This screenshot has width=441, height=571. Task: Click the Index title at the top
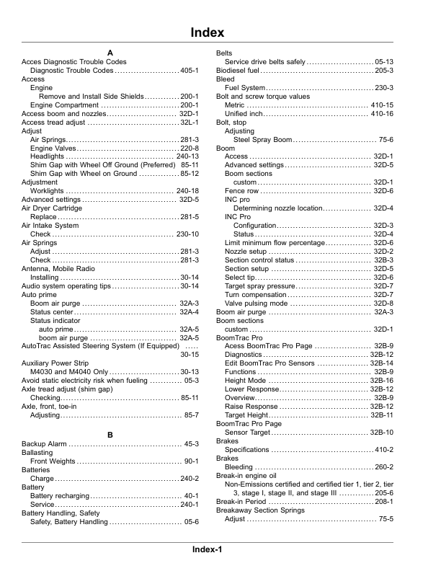point(208,33)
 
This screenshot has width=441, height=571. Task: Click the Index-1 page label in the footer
point(208,549)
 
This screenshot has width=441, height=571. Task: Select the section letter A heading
point(110,53)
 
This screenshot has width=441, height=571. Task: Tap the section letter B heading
point(110,435)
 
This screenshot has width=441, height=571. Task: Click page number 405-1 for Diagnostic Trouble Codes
point(190,71)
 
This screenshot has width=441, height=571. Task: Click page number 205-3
point(383,71)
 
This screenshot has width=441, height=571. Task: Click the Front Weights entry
point(53,460)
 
